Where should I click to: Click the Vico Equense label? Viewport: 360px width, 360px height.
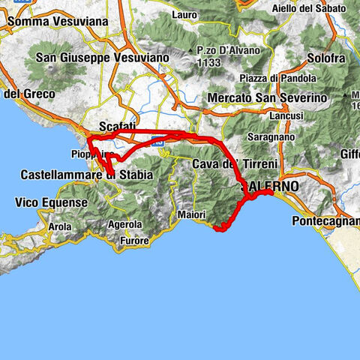tap(47, 202)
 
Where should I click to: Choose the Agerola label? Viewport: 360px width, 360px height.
tap(124, 223)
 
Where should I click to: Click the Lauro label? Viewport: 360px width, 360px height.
tap(184, 14)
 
